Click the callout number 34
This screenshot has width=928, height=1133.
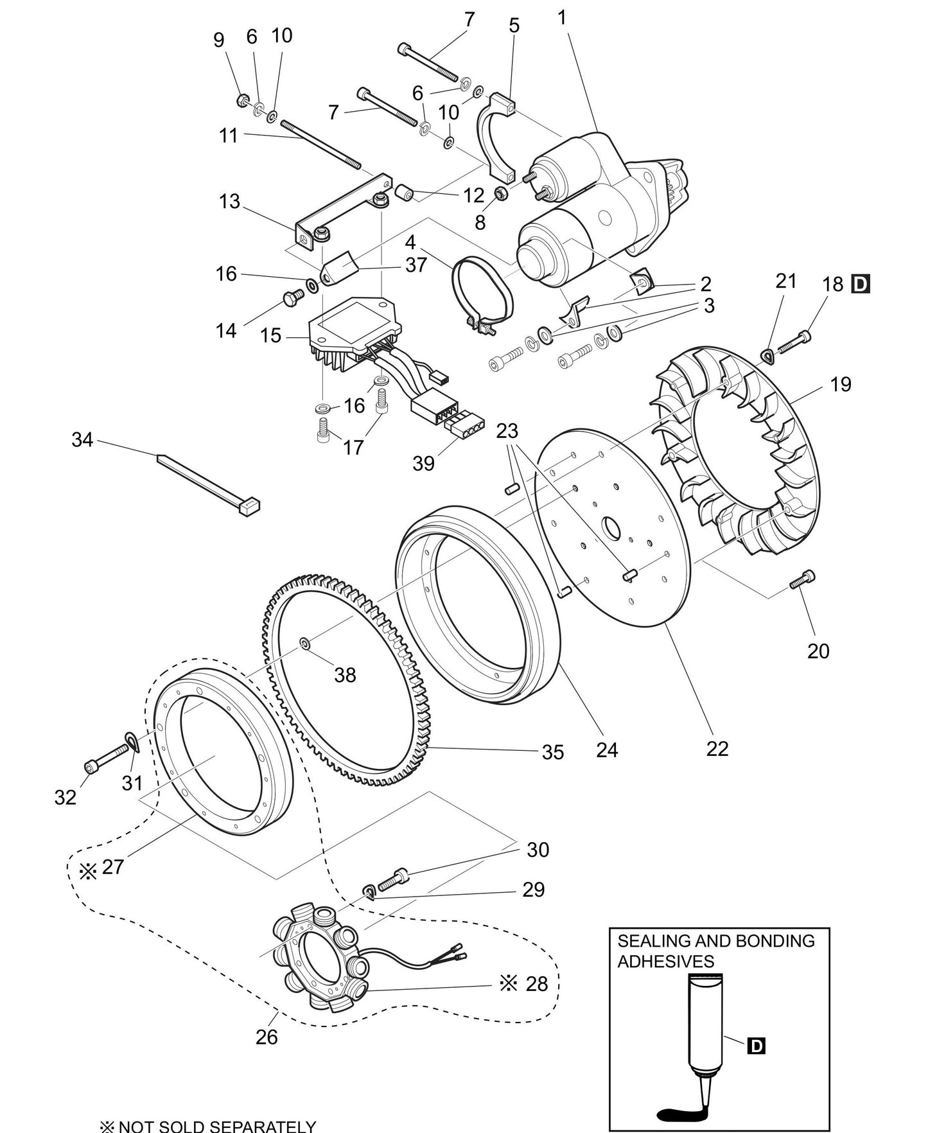coord(82,440)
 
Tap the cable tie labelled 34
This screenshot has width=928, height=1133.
coord(206,482)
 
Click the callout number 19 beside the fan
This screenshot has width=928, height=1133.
coord(840,384)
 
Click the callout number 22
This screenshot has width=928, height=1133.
coord(717,748)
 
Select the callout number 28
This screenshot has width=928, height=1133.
coord(537,983)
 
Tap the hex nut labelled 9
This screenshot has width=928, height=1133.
coord(243,100)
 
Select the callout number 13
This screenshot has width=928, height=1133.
coord(229,202)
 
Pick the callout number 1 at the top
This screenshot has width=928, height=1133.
coord(562,18)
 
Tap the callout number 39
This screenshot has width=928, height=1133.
coord(423,463)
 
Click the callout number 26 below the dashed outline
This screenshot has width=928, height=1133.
coord(267,1037)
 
